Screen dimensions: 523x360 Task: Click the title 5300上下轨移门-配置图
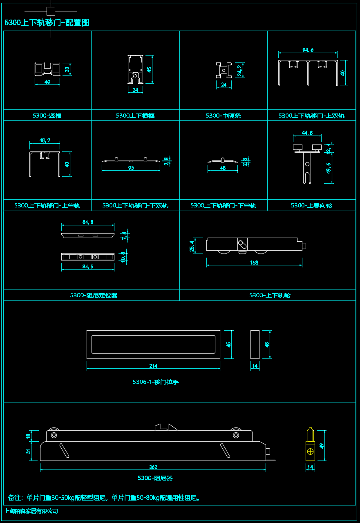pyautogui.click(x=47, y=23)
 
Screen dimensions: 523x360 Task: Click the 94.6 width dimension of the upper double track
pyautogui.click(x=308, y=50)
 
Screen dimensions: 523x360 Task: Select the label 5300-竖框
pyautogui.click(x=47, y=116)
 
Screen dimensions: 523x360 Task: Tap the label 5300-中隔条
pyautogui.click(x=223, y=116)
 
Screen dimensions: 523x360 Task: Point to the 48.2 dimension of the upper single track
pyautogui.click(x=45, y=140)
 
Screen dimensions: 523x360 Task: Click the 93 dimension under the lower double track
pyautogui.click(x=131, y=168)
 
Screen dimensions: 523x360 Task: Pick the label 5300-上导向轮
pyautogui.click(x=311, y=205)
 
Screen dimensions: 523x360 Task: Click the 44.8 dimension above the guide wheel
pyautogui.click(x=307, y=133)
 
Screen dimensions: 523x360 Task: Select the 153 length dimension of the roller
pyautogui.click(x=254, y=263)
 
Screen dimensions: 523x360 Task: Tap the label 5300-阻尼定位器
pyautogui.click(x=94, y=295)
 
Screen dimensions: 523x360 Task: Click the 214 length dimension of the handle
pyautogui.click(x=153, y=366)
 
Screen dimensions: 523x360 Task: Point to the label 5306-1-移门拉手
pyautogui.click(x=156, y=382)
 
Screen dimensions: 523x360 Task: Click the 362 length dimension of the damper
pyautogui.click(x=153, y=467)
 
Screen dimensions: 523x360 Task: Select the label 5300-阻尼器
pyautogui.click(x=155, y=478)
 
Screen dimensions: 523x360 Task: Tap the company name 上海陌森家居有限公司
pyautogui.click(x=31, y=511)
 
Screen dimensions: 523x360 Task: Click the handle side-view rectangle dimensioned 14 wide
pyautogui.click(x=255, y=345)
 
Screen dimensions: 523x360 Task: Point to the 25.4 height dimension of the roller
pyautogui.click(x=192, y=246)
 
